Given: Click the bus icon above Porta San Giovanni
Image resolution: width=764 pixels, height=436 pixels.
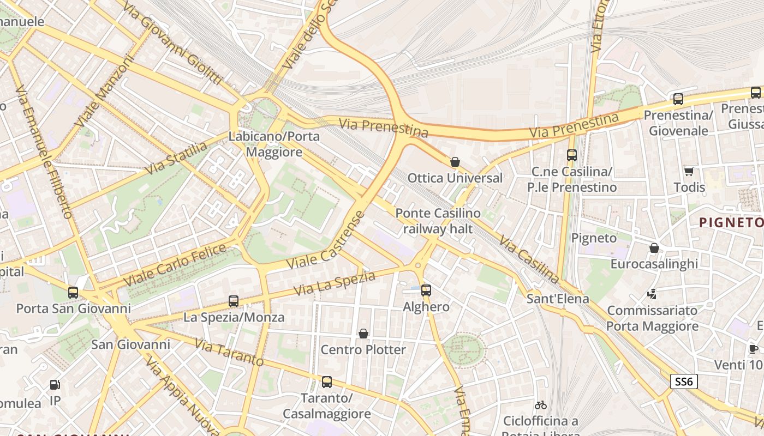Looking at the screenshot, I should click(73, 293).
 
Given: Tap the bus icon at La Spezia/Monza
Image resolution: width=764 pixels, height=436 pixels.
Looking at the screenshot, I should click(234, 301).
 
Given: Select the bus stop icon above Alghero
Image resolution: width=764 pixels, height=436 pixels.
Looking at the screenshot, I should click(426, 290).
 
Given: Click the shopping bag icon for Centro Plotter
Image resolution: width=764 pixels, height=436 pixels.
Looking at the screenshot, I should click(363, 334).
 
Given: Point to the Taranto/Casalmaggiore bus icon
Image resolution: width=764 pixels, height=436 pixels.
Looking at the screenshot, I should click(326, 382).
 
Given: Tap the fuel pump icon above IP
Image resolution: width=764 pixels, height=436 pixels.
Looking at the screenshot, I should click(55, 385).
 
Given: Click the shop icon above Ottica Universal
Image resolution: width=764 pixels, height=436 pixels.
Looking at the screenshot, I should click(455, 162).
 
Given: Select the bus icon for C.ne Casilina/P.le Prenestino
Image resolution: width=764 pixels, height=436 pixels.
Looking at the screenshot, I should click(572, 155).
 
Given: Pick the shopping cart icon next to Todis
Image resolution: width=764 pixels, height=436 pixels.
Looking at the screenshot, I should click(689, 171).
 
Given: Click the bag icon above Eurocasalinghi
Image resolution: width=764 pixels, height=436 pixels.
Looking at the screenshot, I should click(654, 248).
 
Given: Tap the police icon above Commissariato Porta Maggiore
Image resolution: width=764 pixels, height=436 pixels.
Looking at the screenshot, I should click(652, 294).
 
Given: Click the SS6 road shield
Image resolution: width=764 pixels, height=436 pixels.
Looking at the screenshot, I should click(684, 381).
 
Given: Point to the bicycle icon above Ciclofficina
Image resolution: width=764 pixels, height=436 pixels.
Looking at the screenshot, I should click(541, 405).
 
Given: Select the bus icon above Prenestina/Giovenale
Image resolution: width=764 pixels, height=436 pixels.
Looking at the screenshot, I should click(678, 99).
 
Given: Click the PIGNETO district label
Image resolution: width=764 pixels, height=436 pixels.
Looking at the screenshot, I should click(731, 222).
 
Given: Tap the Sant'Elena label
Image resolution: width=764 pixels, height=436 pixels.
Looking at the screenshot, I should click(558, 299).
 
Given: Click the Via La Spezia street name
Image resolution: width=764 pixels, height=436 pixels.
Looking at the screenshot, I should click(335, 284).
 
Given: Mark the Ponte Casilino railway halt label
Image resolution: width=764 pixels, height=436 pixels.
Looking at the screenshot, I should click(438, 221).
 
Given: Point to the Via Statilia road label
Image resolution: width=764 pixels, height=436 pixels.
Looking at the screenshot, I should click(177, 158).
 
